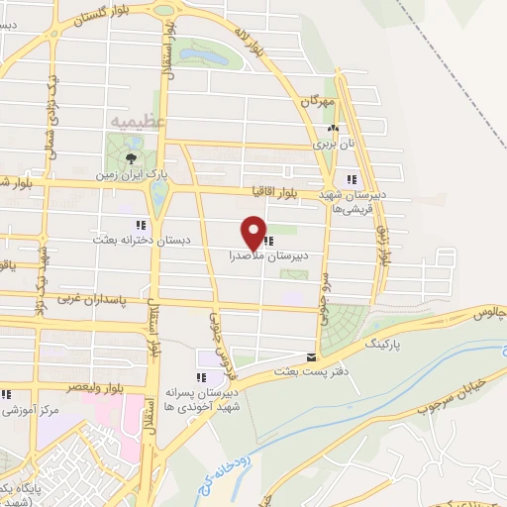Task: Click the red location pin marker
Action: pyautogui.click(x=253, y=234)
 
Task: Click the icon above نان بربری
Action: pyautogui.click(x=334, y=128)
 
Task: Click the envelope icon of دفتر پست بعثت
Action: pyautogui.click(x=312, y=357)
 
